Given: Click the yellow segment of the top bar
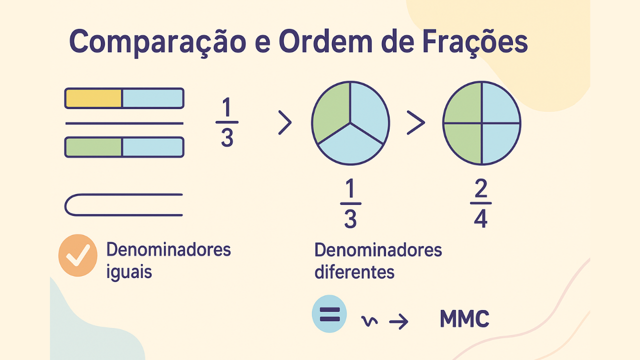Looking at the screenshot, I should pyautogui.click(x=94, y=98).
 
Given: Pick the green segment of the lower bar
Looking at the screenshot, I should pyautogui.click(x=94, y=147).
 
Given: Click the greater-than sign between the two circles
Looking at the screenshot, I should pyautogui.click(x=415, y=123).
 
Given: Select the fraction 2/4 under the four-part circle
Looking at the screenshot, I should pyautogui.click(x=480, y=203).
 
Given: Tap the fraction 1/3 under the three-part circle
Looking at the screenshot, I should pyautogui.click(x=350, y=204).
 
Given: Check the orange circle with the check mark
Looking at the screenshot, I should pyautogui.click(x=78, y=255).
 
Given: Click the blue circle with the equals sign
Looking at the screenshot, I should pyautogui.click(x=329, y=314).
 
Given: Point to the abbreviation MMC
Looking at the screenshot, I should pyautogui.click(x=464, y=319).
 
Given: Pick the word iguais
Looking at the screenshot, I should pyautogui.click(x=129, y=273).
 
